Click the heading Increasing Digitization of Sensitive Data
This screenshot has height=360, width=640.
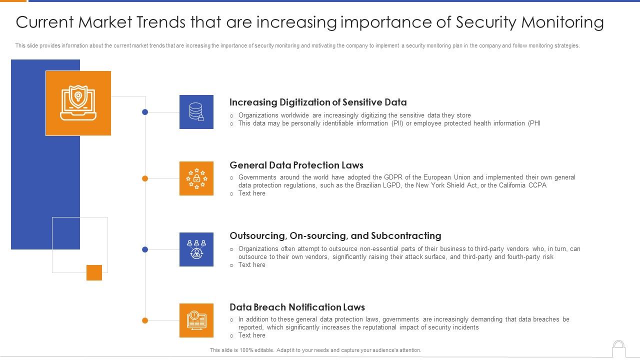[318, 102]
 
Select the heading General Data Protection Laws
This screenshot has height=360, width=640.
[296, 165]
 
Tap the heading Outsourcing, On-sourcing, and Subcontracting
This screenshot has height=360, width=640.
[335, 236]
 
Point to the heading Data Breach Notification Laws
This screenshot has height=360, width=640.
[297, 307]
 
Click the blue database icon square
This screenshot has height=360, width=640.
[196, 112]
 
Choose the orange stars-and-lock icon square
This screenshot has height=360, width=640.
[196, 178]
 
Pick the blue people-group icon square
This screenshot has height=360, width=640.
[196, 249]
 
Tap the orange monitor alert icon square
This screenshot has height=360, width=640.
[196, 320]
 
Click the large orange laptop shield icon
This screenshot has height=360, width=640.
[78, 103]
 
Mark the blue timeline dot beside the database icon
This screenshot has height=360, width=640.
[145, 112]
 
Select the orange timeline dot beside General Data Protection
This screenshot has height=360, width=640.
[145, 178]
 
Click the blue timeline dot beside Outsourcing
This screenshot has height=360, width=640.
[145, 249]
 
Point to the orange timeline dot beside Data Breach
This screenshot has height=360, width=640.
[145, 320]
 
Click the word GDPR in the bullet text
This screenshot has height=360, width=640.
[392, 177]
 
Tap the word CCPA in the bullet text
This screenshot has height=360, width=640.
[537, 185]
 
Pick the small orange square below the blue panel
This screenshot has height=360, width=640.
[94, 272]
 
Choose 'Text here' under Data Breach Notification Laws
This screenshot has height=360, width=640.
[252, 335]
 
